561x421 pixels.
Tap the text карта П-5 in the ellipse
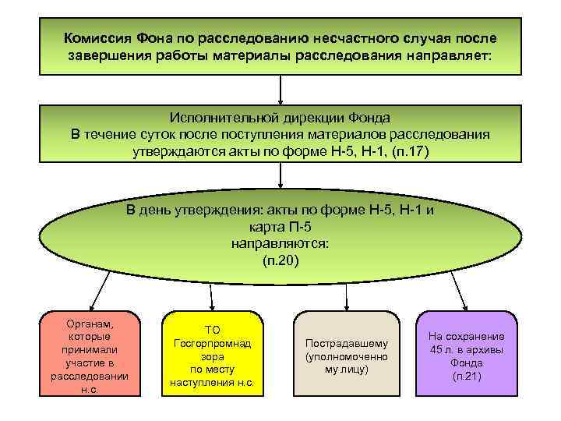click(280, 227)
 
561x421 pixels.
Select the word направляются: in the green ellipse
click(280, 243)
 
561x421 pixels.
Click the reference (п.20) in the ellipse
click(280, 260)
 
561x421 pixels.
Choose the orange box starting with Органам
click(89, 355)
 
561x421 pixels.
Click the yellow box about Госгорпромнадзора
click(212, 355)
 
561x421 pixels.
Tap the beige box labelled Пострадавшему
click(345, 355)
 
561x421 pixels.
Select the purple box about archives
click(466, 355)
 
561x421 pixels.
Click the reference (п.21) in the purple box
click(466, 377)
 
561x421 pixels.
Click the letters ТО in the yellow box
click(212, 331)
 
